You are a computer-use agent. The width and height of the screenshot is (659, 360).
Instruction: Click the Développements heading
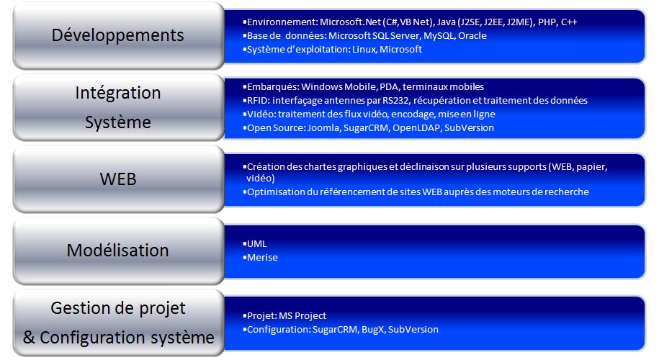117,35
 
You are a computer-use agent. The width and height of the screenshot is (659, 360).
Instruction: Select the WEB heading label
118,179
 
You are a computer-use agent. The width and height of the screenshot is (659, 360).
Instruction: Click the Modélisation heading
117,251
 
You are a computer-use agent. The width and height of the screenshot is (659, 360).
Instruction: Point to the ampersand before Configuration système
29,337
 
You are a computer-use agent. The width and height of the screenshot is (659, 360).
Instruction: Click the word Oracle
472,36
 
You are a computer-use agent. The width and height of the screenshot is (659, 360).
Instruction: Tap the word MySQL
439,36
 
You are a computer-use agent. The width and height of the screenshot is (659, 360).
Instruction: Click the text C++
569,22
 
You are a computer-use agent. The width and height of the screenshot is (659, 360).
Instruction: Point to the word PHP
547,22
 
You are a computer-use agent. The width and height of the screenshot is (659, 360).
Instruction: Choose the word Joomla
323,127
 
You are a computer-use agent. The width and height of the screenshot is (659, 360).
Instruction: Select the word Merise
262,258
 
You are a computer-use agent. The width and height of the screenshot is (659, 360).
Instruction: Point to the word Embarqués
273,87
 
